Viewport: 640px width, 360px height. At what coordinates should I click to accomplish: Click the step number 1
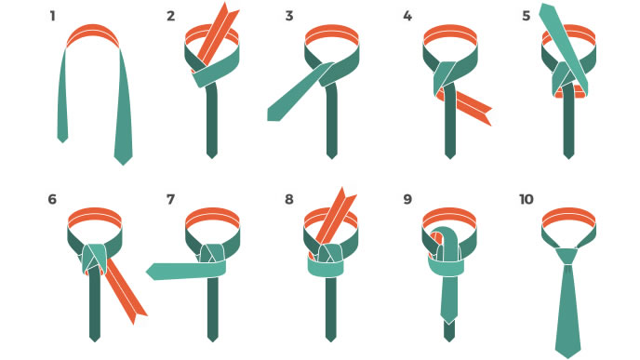tap(53, 17)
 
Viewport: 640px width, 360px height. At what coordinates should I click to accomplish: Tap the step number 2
tap(170, 17)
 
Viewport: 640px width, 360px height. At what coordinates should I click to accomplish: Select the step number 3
tap(289, 17)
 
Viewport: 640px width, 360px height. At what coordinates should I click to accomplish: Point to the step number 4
tap(407, 17)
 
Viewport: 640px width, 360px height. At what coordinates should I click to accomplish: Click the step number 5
tap(527, 17)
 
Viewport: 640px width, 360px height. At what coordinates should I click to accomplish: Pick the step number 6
tap(52, 199)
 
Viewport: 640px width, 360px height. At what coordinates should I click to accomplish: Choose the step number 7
tap(170, 199)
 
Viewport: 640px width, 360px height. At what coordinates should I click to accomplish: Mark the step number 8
tap(289, 199)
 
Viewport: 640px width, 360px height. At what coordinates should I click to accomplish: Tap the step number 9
tap(407, 199)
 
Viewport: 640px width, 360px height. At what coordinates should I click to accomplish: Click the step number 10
tap(527, 199)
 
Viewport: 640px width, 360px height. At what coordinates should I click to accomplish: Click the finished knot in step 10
tap(568, 256)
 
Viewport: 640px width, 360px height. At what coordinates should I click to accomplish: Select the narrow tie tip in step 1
tap(62, 139)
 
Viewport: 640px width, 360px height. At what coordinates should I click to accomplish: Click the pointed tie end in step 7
tap(151, 272)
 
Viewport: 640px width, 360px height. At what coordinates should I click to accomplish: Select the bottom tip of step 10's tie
tap(568, 355)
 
